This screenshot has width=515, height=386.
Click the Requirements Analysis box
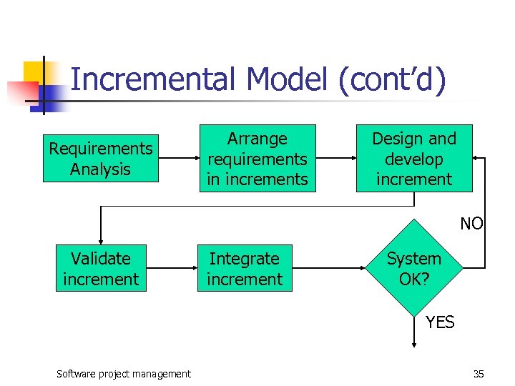100,159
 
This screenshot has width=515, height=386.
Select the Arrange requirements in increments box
257,159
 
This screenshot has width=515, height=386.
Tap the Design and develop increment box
414,159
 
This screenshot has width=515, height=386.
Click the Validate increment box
101,269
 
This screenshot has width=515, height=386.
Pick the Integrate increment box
245,269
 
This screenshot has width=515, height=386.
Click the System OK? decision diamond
413,268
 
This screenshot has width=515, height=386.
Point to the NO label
471,224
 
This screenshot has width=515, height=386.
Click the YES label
440,322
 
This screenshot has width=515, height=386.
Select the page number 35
479,374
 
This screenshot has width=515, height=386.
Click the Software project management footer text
124,374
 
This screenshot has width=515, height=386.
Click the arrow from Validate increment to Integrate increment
172,269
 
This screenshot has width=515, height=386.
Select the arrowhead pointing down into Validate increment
101,241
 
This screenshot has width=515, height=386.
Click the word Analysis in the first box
100,169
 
